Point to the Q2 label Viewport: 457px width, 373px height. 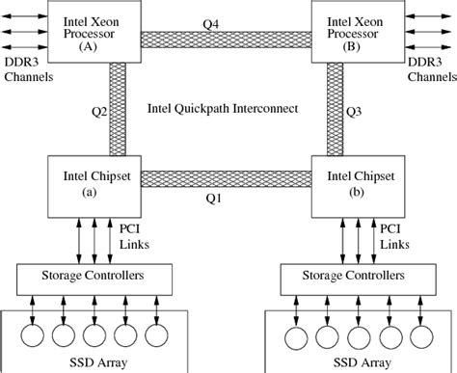pyautogui.click(x=97, y=109)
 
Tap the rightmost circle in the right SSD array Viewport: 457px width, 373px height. pyautogui.click(x=421, y=336)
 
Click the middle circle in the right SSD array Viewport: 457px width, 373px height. pyautogui.click(x=360, y=336)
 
